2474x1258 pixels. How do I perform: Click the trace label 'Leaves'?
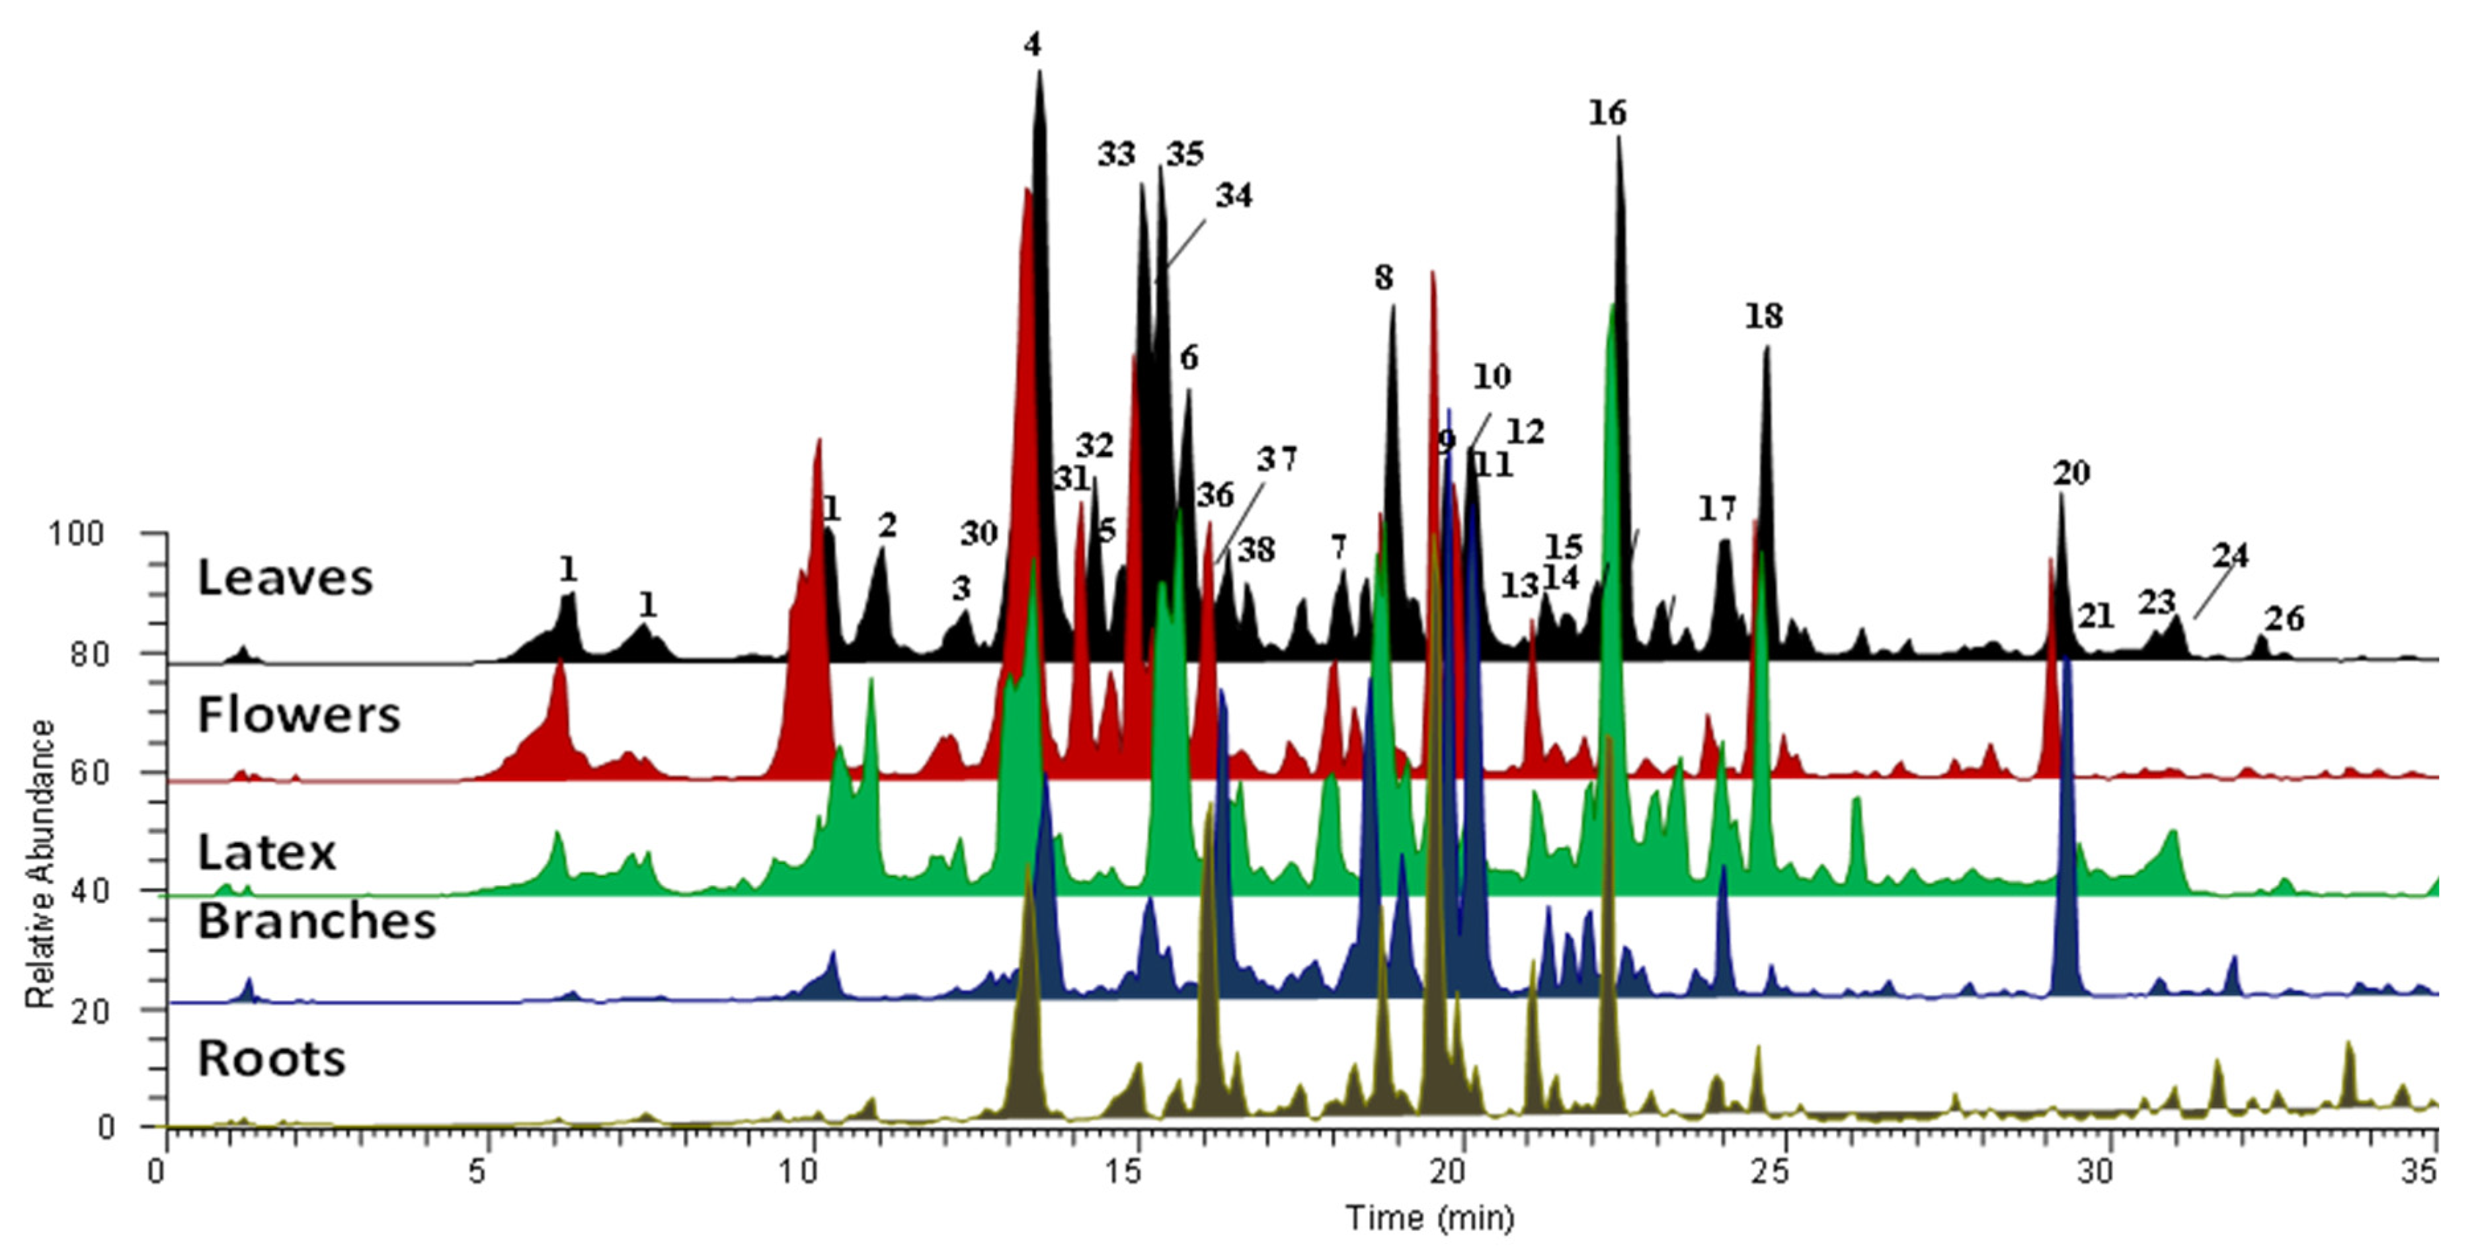284,578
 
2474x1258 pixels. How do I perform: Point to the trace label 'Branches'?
316,921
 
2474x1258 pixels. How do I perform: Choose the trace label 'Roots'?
271,1058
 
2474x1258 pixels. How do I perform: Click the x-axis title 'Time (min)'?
1429,1218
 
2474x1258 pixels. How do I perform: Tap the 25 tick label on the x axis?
1772,1173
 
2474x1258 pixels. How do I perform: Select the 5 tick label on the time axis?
477,1173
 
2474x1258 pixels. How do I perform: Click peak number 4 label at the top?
1033,45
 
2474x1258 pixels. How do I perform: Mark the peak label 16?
1607,113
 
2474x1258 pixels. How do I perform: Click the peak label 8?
1383,278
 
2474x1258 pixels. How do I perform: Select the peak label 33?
1116,153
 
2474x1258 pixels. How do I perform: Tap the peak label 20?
2071,473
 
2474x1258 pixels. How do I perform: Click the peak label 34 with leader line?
1234,196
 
